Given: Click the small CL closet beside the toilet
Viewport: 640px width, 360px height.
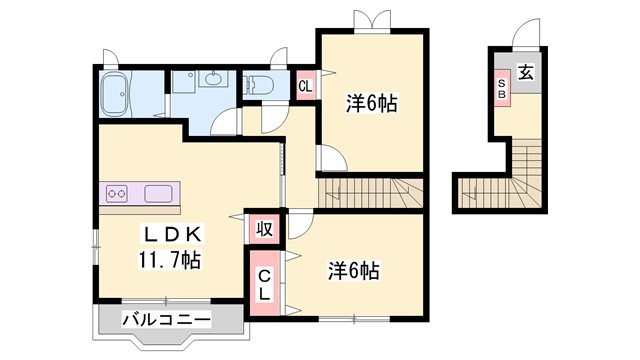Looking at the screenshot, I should point(306,86).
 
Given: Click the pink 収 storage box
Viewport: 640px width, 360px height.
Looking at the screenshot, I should point(264,229).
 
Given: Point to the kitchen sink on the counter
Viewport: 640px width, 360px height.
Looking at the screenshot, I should point(160,193).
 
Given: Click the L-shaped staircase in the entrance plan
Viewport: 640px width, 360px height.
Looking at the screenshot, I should point(520,180).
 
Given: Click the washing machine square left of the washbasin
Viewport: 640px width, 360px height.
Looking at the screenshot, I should point(185,82).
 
